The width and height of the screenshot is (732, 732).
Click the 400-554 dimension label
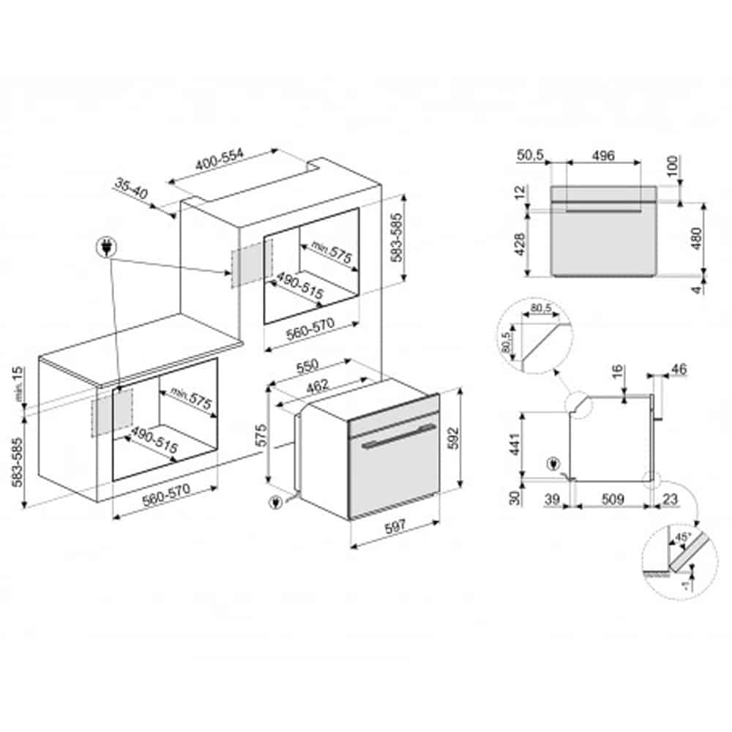tap(216, 165)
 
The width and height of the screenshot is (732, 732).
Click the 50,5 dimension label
tap(530, 156)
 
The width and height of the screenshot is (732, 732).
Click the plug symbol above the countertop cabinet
tap(108, 249)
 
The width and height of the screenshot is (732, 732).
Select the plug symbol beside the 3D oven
tap(275, 503)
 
